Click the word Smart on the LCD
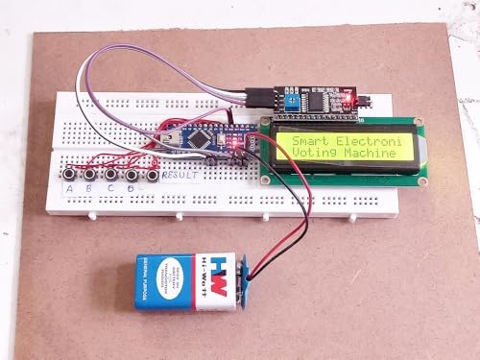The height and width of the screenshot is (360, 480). (300, 142)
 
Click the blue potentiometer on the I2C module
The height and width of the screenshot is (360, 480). (285, 99)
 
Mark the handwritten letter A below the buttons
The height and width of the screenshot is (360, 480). (70, 188)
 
